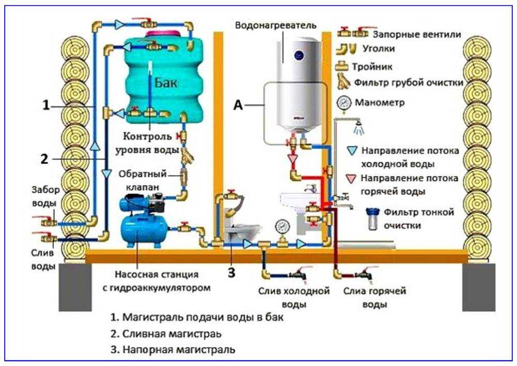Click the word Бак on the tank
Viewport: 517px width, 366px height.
point(166,82)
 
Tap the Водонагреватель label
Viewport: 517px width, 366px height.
point(276,25)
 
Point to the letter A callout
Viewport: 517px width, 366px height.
point(238,105)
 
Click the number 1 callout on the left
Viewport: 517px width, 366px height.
point(46,105)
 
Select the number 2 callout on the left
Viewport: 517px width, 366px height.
point(44,159)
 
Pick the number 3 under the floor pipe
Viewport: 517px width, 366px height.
point(232,273)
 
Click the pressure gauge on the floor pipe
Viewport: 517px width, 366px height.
point(282,226)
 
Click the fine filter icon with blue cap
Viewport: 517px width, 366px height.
point(373,218)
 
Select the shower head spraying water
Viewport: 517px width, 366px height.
point(359,127)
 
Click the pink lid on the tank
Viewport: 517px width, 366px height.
point(163,34)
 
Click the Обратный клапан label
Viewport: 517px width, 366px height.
point(143,180)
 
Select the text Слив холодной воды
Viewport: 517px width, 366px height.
point(294,297)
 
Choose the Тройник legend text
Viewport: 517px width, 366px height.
point(372,67)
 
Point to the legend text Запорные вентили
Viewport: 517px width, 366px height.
point(417,34)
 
